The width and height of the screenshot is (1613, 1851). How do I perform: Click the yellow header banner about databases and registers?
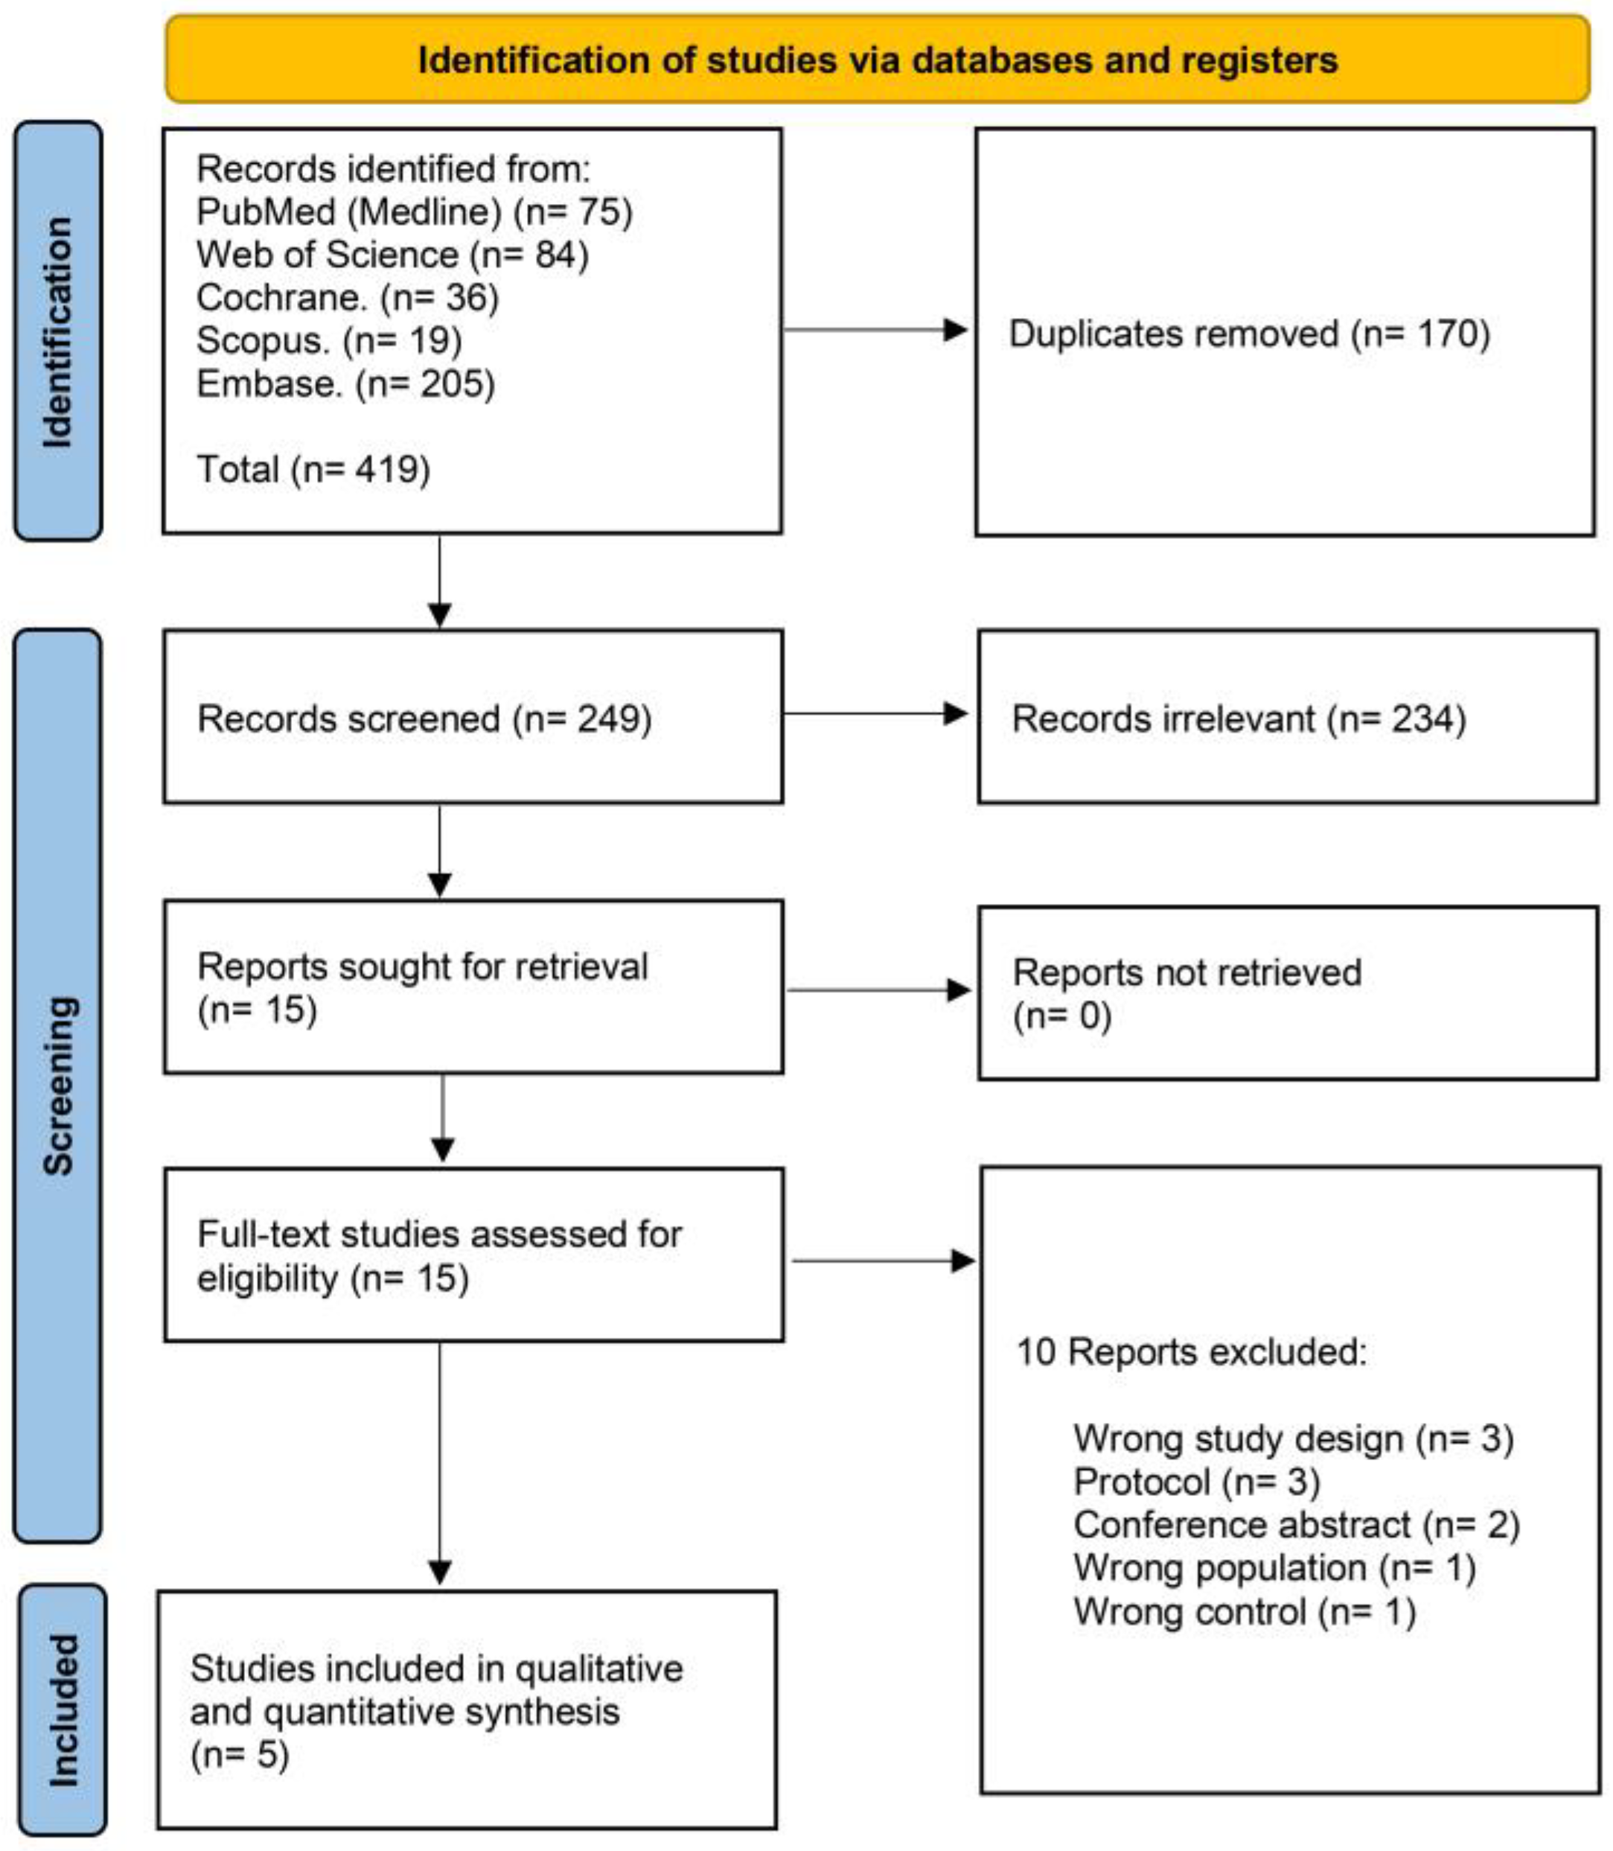[x=878, y=60]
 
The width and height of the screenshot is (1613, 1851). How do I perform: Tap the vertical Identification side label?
[x=57, y=331]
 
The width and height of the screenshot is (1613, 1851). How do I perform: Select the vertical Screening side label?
[x=57, y=1085]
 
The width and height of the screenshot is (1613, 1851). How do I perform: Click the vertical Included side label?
[x=62, y=1710]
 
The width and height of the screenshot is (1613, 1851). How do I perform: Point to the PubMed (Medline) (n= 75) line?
[x=414, y=212]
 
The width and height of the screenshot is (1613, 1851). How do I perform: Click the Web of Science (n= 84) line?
[x=392, y=255]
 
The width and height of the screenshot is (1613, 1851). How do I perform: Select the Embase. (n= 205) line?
[x=345, y=384]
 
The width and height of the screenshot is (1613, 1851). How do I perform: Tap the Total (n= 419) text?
[x=313, y=470]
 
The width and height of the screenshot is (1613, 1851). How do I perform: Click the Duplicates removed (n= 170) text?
[x=1249, y=334]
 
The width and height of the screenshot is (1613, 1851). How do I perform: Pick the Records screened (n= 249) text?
[x=424, y=719]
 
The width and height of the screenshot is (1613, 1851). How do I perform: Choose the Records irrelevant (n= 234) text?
[x=1239, y=719]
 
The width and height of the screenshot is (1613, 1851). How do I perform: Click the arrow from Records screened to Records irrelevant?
[x=873, y=714]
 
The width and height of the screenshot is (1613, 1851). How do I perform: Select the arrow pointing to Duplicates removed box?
[x=873, y=330]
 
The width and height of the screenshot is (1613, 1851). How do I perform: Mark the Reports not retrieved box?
[x=1287, y=993]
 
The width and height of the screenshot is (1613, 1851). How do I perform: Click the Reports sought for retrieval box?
[x=473, y=987]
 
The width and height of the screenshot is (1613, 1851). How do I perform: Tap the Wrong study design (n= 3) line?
[x=1293, y=1439]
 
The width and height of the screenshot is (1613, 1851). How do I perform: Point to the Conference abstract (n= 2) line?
[x=1296, y=1525]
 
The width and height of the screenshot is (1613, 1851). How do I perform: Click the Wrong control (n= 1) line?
[x=1244, y=1611]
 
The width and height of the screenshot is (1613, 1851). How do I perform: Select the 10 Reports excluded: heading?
[x=1191, y=1352]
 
